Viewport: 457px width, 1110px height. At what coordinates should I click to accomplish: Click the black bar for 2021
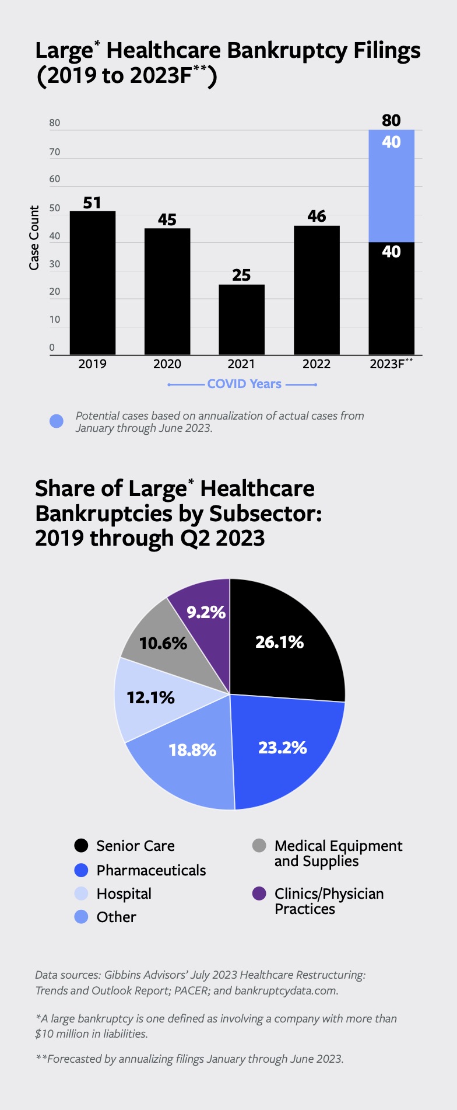(x=241, y=319)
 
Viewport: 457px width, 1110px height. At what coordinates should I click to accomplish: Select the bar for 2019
(x=92, y=283)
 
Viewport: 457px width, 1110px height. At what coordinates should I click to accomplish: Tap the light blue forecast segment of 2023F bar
(x=391, y=186)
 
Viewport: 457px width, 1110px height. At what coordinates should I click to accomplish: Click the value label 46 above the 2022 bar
(x=317, y=217)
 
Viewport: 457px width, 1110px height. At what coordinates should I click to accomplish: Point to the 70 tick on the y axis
(x=55, y=152)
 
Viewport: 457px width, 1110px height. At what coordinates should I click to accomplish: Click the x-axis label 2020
(x=167, y=364)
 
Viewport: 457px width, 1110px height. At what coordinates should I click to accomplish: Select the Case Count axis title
(x=34, y=238)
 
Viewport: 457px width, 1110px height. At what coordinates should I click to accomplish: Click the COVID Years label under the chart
(x=244, y=384)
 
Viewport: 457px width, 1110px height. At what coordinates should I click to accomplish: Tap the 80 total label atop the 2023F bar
(x=391, y=120)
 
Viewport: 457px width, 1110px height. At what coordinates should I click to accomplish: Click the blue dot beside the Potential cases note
(x=57, y=421)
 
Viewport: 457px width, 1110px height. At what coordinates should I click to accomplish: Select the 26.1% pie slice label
(x=279, y=642)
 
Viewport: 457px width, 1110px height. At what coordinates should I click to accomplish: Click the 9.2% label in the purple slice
(x=206, y=612)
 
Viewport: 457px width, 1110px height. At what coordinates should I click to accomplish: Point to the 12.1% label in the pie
(x=150, y=697)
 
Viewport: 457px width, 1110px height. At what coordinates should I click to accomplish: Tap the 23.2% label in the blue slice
(x=282, y=748)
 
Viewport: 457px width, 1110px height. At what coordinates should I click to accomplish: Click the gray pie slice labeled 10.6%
(x=157, y=636)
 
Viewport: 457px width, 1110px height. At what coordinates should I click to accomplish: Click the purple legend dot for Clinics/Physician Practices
(x=259, y=893)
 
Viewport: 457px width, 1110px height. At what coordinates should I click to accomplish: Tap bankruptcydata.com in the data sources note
(x=286, y=990)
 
